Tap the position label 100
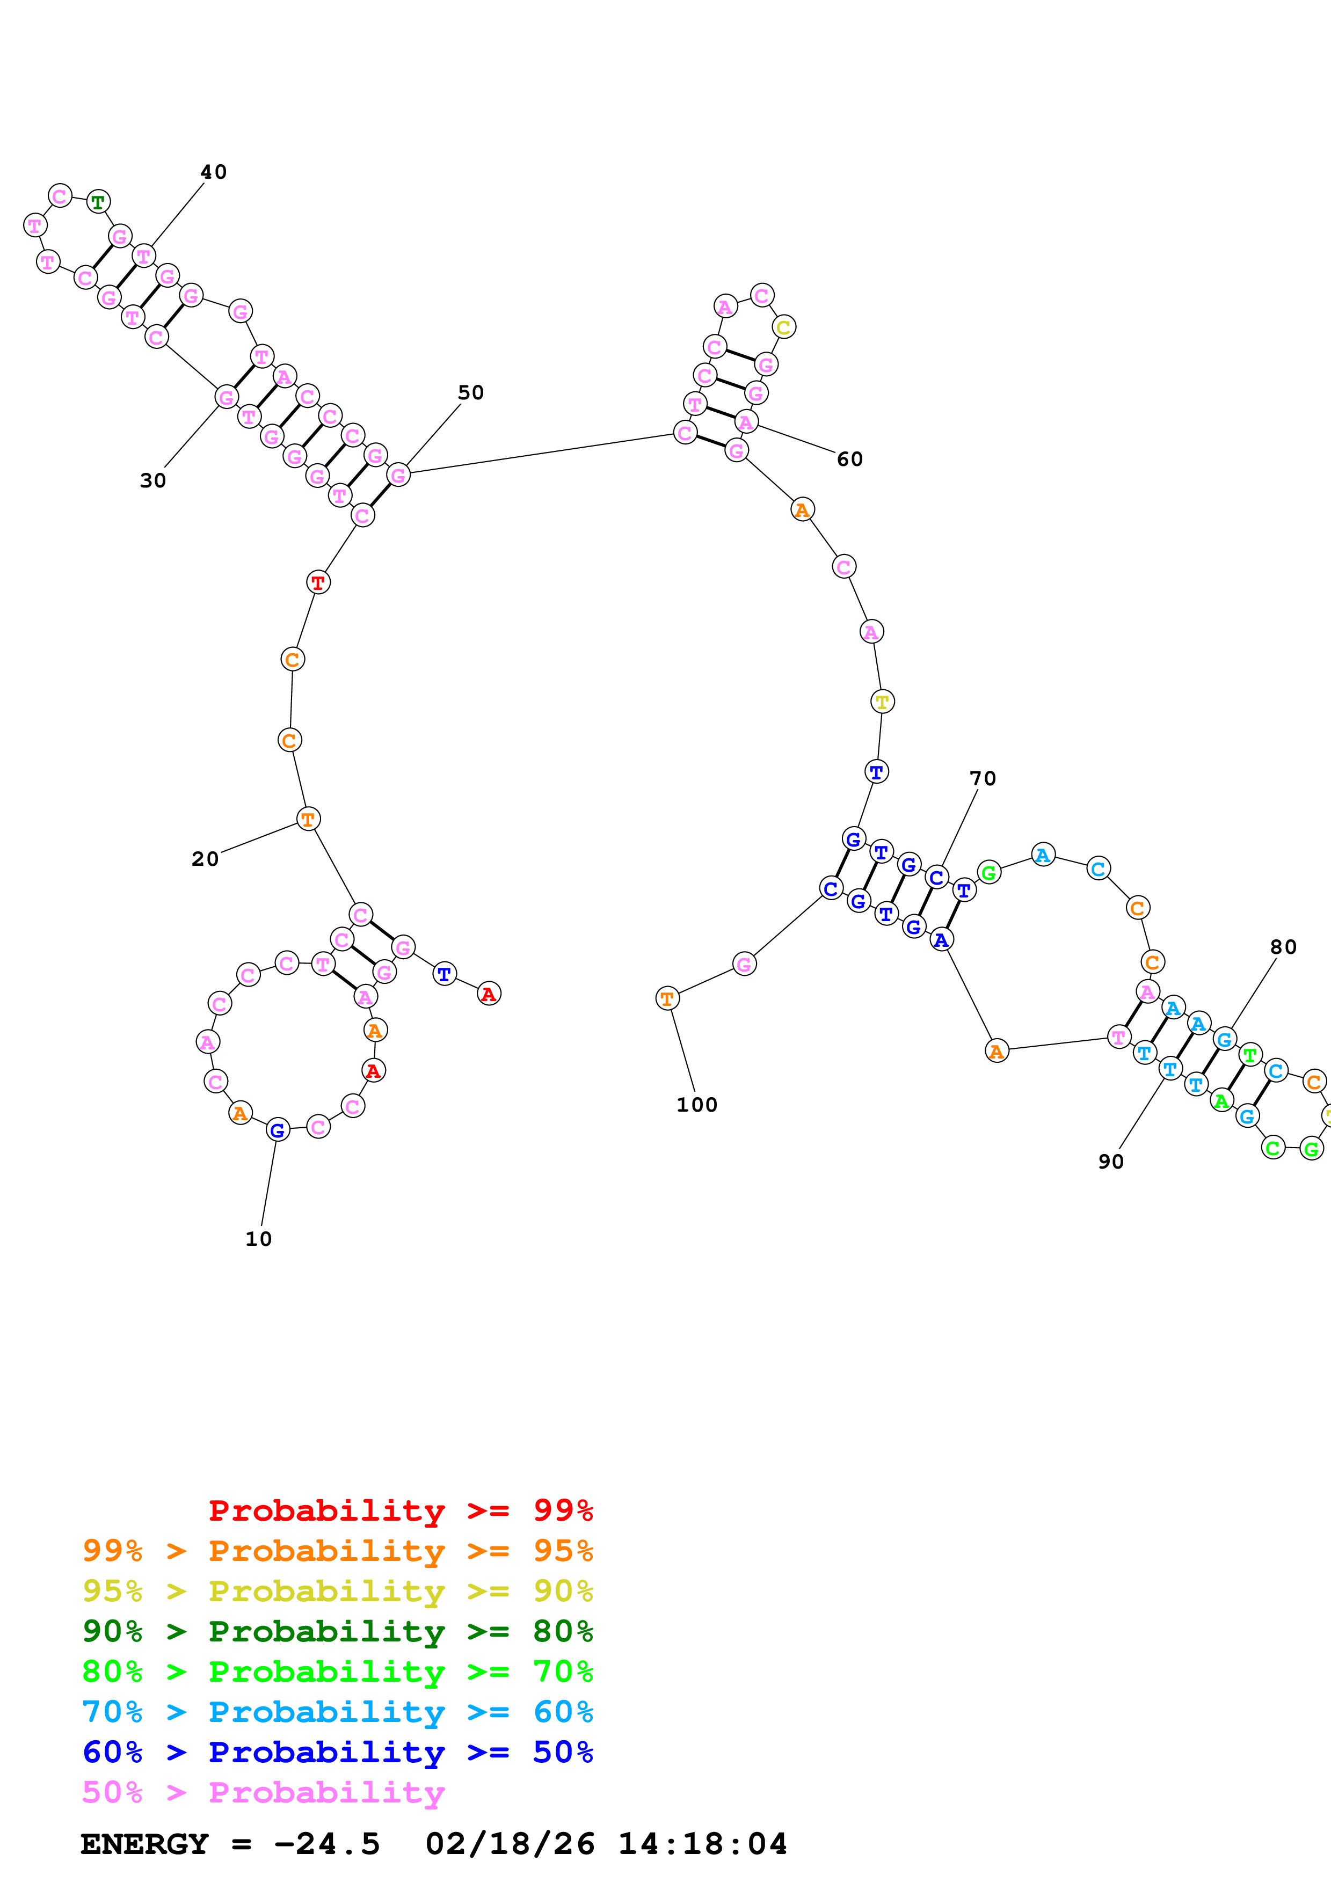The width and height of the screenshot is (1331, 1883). [696, 1105]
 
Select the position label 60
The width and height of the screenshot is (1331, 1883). [849, 459]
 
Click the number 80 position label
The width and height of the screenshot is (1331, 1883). [1283, 947]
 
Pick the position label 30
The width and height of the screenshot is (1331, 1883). [152, 480]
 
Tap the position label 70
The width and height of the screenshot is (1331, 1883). [983, 778]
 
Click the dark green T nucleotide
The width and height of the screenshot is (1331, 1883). [98, 202]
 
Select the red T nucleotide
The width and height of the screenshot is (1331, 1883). [318, 583]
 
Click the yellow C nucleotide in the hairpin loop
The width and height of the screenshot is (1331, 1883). [784, 327]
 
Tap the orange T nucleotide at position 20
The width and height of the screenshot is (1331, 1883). [308, 819]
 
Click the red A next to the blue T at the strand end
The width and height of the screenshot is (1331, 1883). [489, 994]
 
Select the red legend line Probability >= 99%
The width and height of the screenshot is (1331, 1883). [400, 1510]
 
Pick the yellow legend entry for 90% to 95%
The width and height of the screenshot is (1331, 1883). [337, 1590]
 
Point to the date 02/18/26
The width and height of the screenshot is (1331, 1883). [510, 1844]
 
